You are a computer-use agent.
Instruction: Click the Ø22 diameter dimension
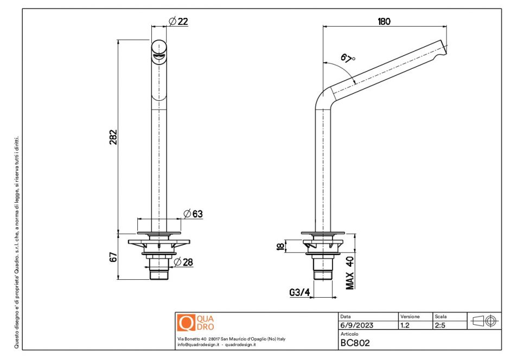tap(178, 22)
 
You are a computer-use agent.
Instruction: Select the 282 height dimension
tap(113, 137)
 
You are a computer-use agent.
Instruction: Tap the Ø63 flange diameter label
tap(193, 214)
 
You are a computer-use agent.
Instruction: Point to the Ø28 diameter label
tap(183, 262)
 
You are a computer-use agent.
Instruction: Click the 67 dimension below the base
tap(113, 257)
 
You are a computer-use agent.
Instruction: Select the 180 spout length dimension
tap(384, 22)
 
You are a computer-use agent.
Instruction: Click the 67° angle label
tap(348, 59)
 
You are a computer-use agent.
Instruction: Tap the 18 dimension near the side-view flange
tap(280, 246)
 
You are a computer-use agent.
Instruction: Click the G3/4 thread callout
tap(299, 292)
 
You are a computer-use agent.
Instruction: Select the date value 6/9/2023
tap(357, 325)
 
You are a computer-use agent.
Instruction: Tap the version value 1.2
tap(405, 325)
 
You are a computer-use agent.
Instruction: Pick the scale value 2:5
tap(440, 325)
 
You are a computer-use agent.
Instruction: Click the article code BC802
tap(355, 343)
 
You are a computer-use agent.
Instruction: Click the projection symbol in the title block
tap(484, 321)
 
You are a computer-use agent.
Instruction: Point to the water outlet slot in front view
tap(159, 57)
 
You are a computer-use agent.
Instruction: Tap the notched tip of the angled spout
tap(443, 48)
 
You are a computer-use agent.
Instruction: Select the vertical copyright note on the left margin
tap(17, 242)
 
